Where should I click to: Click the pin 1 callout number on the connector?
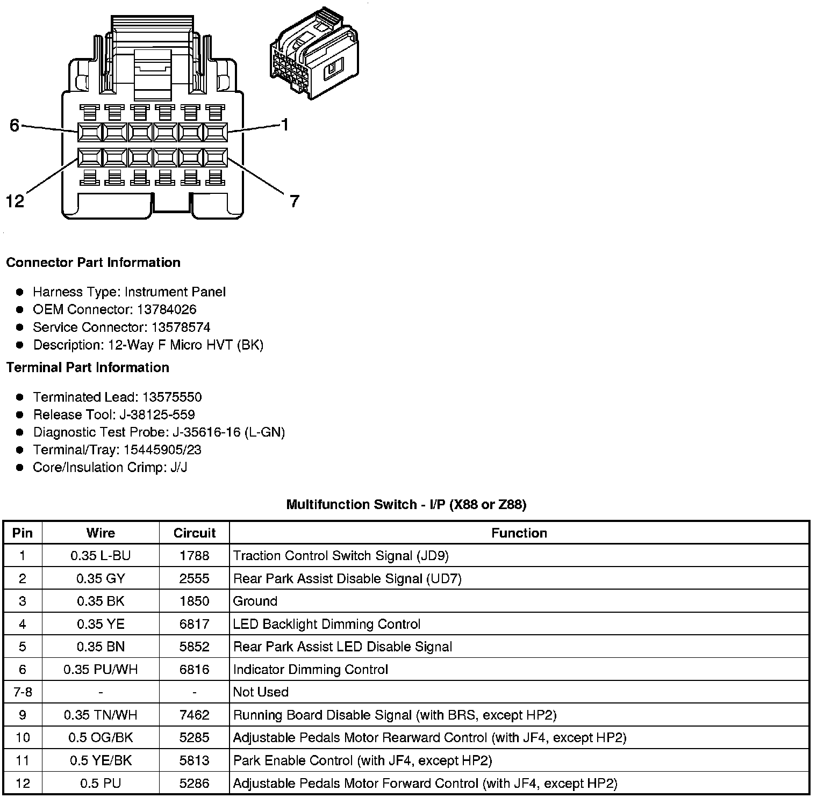pyautogui.click(x=285, y=125)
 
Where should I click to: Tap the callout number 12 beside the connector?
pyautogui.click(x=15, y=201)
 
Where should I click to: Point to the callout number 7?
pyautogui.click(x=294, y=201)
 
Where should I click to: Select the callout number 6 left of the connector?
pyautogui.click(x=15, y=126)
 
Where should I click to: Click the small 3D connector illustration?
pyautogui.click(x=314, y=53)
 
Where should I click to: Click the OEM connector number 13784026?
pyautogui.click(x=167, y=309)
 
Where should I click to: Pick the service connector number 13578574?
pyautogui.click(x=181, y=327)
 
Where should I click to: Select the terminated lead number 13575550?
pyautogui.click(x=172, y=397)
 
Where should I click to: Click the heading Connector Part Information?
pyautogui.click(x=93, y=262)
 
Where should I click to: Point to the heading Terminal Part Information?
pyautogui.click(x=88, y=367)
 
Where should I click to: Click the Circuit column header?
pyautogui.click(x=194, y=533)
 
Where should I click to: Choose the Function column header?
pyautogui.click(x=519, y=533)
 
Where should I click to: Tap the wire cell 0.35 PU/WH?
pyautogui.click(x=101, y=669)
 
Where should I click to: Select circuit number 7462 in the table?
pyautogui.click(x=194, y=715)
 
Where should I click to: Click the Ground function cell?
pyautogui.click(x=255, y=601)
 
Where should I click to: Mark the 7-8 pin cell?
pyautogui.click(x=23, y=692)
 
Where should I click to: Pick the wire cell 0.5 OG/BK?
pyautogui.click(x=101, y=737)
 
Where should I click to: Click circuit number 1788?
pyautogui.click(x=194, y=555)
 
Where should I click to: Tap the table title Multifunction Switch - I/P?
pyautogui.click(x=406, y=504)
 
